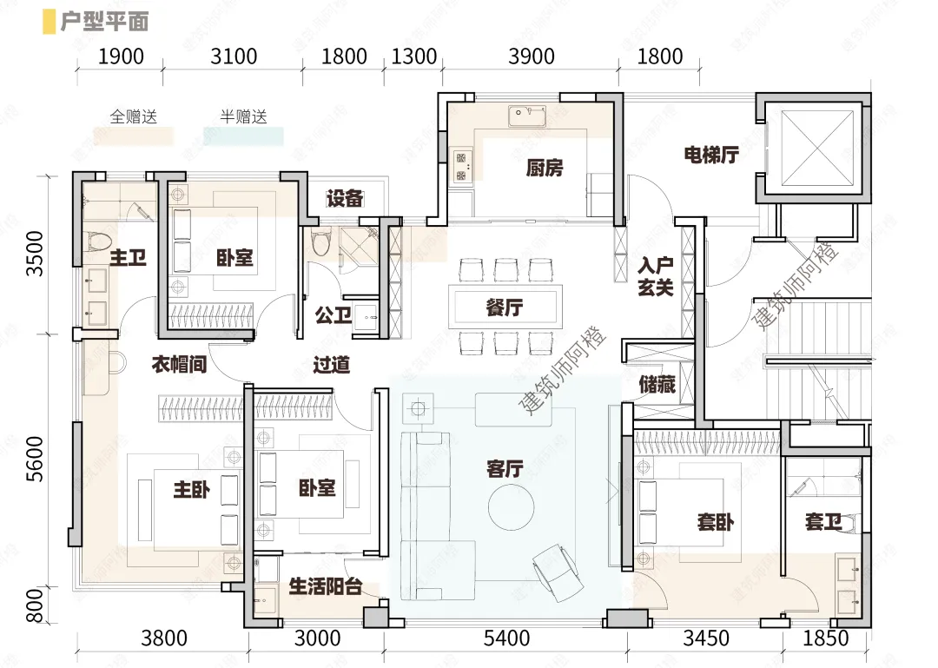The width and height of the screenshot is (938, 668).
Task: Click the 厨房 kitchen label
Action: (x=545, y=169)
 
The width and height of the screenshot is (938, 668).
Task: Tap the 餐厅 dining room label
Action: (x=505, y=308)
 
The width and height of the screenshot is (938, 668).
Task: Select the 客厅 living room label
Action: (x=505, y=469)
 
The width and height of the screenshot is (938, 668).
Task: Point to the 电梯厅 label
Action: (x=711, y=155)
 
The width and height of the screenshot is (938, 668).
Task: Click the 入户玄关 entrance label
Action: (x=657, y=276)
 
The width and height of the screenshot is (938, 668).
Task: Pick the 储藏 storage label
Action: (x=657, y=384)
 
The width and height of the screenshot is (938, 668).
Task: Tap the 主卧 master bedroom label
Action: (x=191, y=490)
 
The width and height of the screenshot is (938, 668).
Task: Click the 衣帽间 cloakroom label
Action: (x=179, y=364)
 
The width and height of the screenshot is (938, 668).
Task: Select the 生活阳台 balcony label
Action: (x=326, y=586)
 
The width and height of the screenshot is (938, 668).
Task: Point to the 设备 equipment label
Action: (x=345, y=198)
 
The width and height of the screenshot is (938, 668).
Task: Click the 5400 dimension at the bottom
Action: (x=506, y=638)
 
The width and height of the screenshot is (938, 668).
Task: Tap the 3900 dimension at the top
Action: (x=532, y=56)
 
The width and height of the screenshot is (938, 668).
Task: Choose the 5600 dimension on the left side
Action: (x=36, y=459)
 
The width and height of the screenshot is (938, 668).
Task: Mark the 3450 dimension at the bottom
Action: (x=706, y=638)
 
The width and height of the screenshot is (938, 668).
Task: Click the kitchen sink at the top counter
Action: (x=527, y=116)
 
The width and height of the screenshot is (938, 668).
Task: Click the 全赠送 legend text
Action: (x=134, y=116)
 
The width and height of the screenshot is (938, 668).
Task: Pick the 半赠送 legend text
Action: (x=243, y=116)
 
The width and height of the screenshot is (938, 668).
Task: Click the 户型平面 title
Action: (x=104, y=22)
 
